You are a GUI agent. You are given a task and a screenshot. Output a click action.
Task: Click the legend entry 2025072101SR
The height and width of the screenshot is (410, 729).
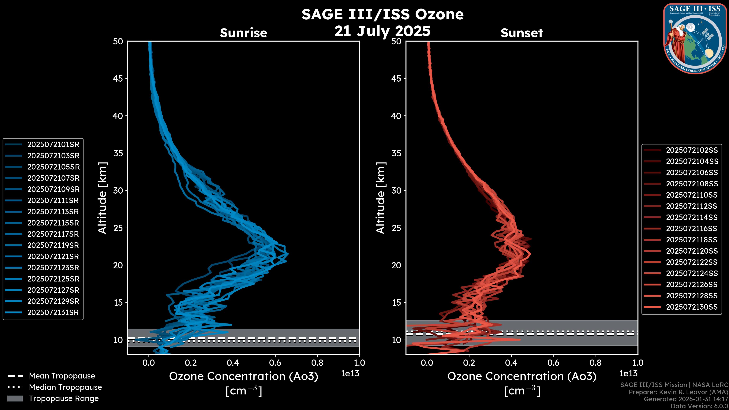pos(53,145)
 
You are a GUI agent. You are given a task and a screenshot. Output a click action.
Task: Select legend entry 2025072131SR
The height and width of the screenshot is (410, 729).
pos(53,313)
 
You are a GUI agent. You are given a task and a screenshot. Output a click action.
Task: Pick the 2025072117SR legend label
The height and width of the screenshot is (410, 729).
pos(53,234)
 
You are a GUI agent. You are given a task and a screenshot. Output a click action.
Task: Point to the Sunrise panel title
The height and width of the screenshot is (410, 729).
pos(243,33)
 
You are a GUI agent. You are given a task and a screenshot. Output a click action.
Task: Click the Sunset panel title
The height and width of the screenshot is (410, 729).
pos(522,33)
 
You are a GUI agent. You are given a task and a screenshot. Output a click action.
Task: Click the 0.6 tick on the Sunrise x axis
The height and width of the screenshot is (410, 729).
pos(275,363)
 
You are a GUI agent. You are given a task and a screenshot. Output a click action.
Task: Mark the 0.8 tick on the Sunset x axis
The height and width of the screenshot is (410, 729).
pos(595,363)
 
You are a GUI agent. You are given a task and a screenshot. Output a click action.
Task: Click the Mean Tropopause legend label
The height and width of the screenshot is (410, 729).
pos(62,376)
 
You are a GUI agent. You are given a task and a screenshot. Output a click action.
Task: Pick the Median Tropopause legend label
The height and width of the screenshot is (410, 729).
pos(65,387)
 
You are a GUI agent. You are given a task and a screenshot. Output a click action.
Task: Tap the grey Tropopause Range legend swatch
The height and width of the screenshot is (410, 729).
pos(15,399)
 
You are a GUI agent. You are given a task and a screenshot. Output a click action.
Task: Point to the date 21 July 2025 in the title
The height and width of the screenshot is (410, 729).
pos(382,31)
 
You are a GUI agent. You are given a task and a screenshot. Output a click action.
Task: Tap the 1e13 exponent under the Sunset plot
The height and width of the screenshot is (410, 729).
pos(628,374)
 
